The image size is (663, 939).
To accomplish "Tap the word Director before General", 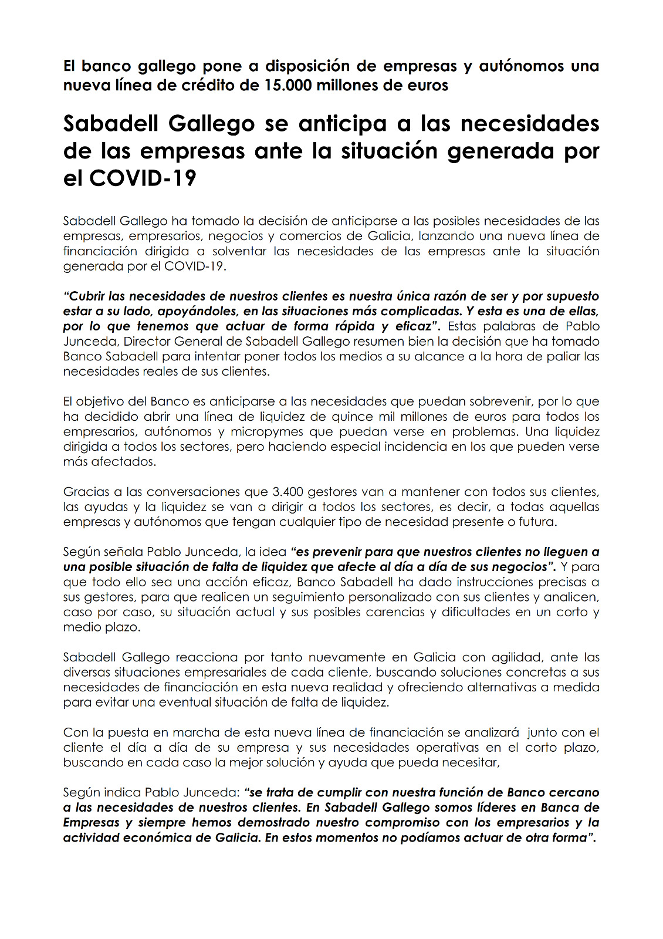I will pos(147,342).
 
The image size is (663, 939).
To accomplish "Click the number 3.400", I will pos(287,492).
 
